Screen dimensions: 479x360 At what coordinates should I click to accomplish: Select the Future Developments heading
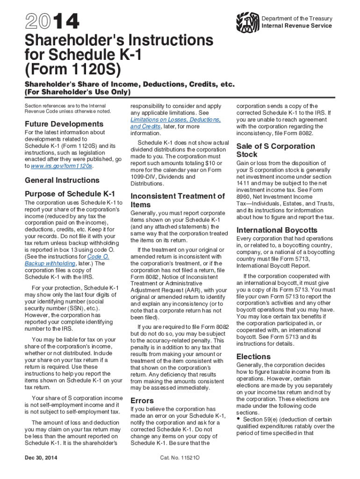(x=64, y=124)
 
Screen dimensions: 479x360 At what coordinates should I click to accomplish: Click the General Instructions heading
(x=62, y=180)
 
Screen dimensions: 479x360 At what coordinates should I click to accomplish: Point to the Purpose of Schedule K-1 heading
(x=70, y=194)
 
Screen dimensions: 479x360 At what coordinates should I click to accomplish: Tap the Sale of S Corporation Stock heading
(x=275, y=150)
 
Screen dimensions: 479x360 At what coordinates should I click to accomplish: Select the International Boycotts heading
(x=277, y=230)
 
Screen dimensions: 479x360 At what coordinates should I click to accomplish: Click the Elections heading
(x=253, y=356)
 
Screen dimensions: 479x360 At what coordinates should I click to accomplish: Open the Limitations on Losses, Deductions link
(x=175, y=120)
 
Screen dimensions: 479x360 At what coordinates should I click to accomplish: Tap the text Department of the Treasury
(x=297, y=19)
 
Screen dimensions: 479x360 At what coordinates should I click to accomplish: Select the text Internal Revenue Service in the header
(x=297, y=26)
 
